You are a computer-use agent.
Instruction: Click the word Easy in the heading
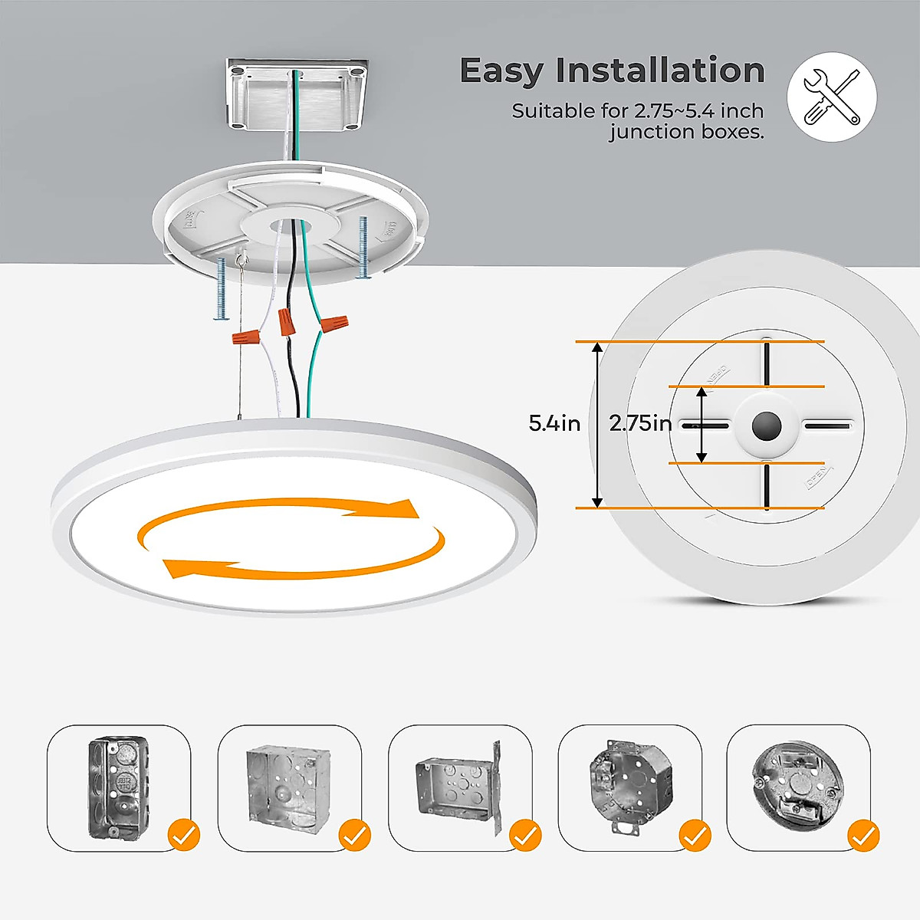[502, 71]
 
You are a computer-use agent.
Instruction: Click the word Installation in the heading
[660, 71]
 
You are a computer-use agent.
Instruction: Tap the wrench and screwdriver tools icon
[832, 97]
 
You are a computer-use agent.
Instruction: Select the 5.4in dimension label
[554, 423]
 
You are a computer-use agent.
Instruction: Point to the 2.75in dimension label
[640, 423]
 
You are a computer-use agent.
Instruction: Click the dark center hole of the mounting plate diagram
[765, 426]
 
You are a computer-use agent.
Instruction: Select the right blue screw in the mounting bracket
[363, 247]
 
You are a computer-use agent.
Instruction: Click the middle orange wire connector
[287, 321]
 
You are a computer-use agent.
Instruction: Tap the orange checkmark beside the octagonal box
[695, 835]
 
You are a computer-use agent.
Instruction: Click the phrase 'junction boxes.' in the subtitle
[687, 132]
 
